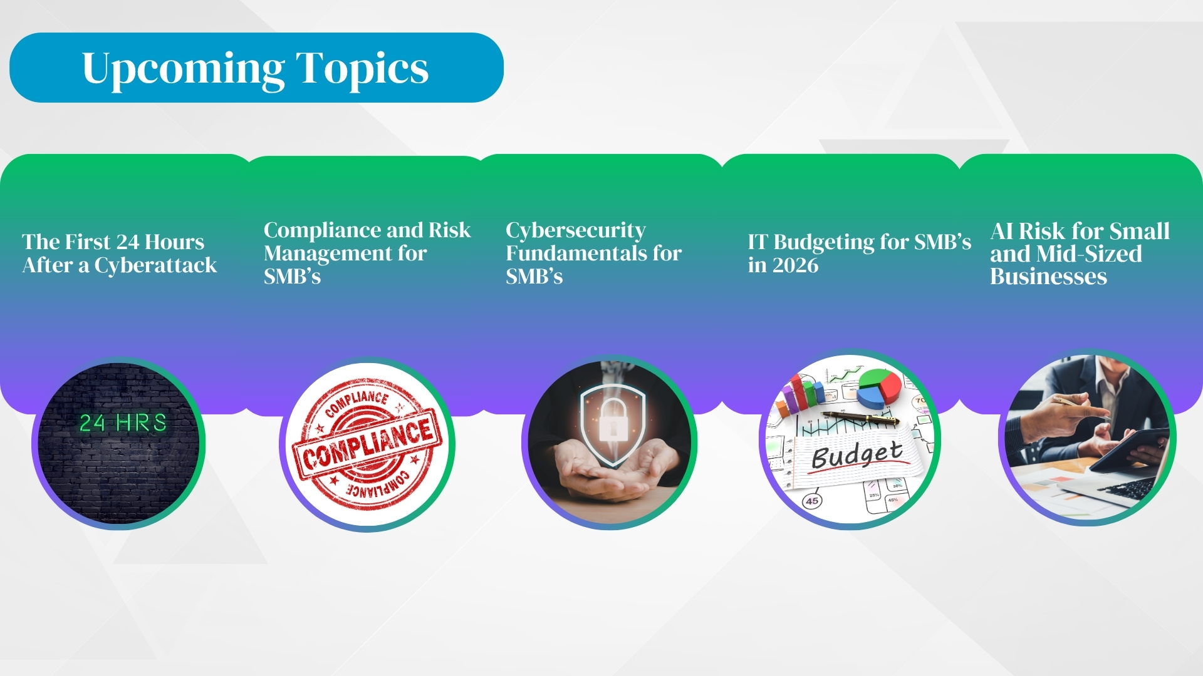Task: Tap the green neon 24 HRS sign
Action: click(123, 423)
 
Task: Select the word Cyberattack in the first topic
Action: click(155, 265)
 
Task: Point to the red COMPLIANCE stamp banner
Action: click(368, 445)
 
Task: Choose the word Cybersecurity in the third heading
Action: click(575, 230)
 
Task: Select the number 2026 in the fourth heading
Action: click(795, 265)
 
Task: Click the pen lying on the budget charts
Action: click(861, 418)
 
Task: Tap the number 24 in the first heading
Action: click(128, 242)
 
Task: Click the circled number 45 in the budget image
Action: click(812, 501)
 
